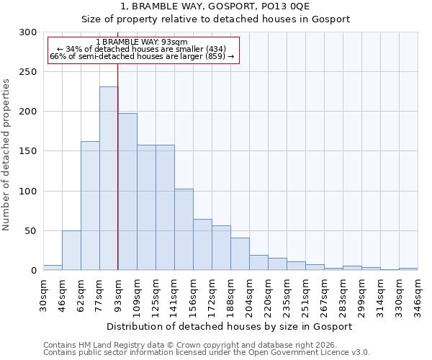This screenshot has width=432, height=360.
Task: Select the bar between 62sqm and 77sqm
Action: tap(90, 206)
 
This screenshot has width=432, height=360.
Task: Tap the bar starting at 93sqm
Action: tap(127, 192)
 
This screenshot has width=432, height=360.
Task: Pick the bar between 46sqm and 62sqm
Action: tap(71, 251)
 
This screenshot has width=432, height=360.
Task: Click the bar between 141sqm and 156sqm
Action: tap(184, 230)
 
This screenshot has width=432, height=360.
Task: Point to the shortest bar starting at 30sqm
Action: tap(53, 268)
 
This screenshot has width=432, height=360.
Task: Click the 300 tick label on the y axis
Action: tap(28, 32)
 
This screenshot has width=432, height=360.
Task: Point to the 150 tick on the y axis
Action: tap(28, 152)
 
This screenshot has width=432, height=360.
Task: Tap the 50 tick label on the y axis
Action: tap(31, 231)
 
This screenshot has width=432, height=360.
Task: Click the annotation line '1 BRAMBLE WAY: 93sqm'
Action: tap(142, 42)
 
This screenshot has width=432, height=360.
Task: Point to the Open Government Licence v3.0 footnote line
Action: tap(207, 353)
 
